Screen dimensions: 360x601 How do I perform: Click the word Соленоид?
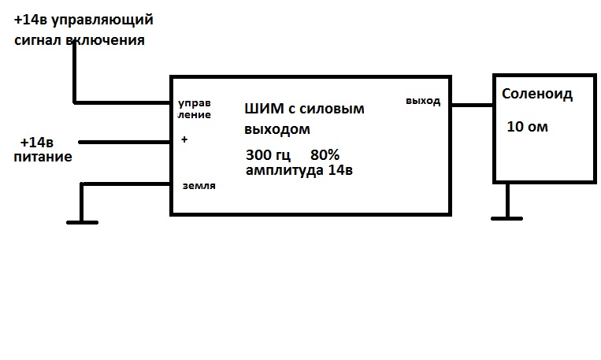coord(536,95)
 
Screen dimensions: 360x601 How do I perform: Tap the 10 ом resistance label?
coord(527,126)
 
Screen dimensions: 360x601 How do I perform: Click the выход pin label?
coord(423,101)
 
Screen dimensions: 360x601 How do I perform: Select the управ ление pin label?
coord(194,108)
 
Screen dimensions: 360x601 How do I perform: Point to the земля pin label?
coord(198,186)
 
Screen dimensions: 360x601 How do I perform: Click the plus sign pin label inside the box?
coord(184,139)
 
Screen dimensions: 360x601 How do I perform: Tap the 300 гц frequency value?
coord(268,154)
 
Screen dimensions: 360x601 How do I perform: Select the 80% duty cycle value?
coord(325,154)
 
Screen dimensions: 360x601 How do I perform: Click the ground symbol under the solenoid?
coord(509,215)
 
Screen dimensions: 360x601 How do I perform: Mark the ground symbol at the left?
coord(81,221)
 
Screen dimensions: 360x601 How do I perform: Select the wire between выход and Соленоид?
coord(471,104)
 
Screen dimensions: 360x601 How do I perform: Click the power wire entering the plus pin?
coord(126,143)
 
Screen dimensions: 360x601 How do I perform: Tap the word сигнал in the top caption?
coord(38,39)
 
